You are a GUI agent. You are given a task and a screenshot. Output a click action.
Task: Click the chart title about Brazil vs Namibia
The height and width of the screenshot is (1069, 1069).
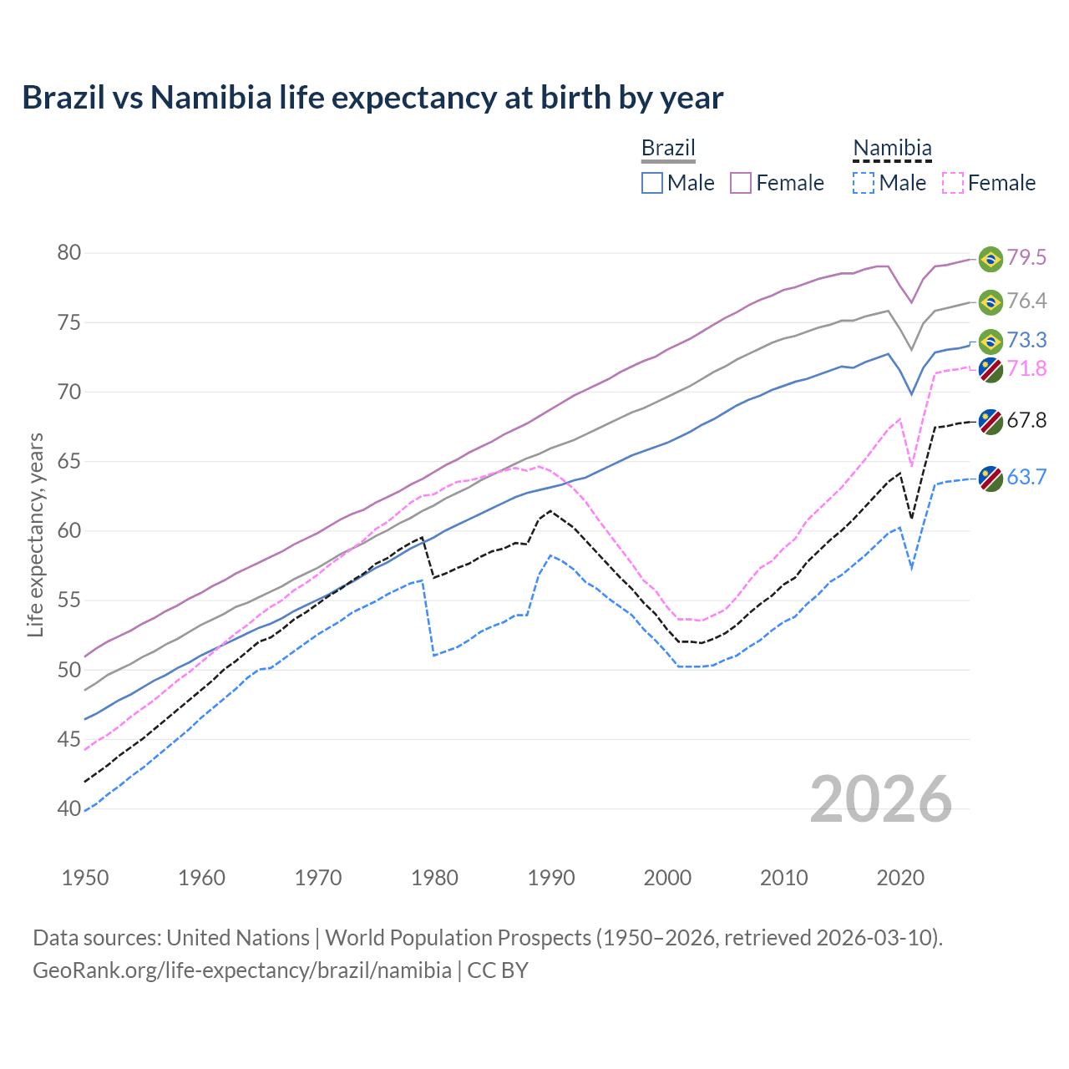(372, 98)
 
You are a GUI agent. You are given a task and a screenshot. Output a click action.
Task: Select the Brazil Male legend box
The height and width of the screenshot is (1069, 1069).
(652, 183)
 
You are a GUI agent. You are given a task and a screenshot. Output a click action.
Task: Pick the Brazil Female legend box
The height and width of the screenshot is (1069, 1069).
(741, 183)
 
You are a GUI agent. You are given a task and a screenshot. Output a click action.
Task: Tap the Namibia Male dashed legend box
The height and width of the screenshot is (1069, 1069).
(864, 183)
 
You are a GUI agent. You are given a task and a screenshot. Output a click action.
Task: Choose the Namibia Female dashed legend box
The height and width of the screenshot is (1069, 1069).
(952, 183)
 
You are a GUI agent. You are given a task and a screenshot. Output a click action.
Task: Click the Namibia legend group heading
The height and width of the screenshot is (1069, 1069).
(892, 149)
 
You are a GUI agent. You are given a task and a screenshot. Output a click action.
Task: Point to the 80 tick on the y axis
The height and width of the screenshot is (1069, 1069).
(69, 253)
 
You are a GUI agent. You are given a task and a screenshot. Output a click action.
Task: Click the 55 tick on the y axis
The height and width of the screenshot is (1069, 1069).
(69, 600)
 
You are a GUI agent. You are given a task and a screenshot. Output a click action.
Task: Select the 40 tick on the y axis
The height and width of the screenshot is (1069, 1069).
(69, 808)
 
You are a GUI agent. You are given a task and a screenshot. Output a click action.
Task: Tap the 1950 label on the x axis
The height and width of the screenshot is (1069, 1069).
(85, 878)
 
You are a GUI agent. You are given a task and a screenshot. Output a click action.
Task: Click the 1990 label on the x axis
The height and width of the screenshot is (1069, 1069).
(551, 878)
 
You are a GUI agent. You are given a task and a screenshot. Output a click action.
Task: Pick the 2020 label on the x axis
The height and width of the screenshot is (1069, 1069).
(900, 878)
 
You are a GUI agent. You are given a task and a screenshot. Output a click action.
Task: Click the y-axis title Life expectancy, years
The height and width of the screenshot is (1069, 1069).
(35, 534)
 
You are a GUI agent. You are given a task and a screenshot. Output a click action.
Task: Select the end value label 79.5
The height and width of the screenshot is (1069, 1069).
(1026, 257)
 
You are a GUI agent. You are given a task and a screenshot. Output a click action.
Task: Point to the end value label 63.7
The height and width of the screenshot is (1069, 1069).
(1026, 477)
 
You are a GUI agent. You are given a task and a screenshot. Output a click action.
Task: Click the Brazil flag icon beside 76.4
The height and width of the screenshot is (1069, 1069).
(990, 302)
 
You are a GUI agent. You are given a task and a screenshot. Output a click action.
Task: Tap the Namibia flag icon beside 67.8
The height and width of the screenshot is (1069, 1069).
(990, 421)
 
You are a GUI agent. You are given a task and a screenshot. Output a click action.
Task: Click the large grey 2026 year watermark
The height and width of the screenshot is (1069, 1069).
(881, 799)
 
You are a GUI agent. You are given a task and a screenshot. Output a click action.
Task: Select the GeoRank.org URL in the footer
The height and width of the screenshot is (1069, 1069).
(242, 970)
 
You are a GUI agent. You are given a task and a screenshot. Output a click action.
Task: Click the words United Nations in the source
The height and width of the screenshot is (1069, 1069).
(238, 938)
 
